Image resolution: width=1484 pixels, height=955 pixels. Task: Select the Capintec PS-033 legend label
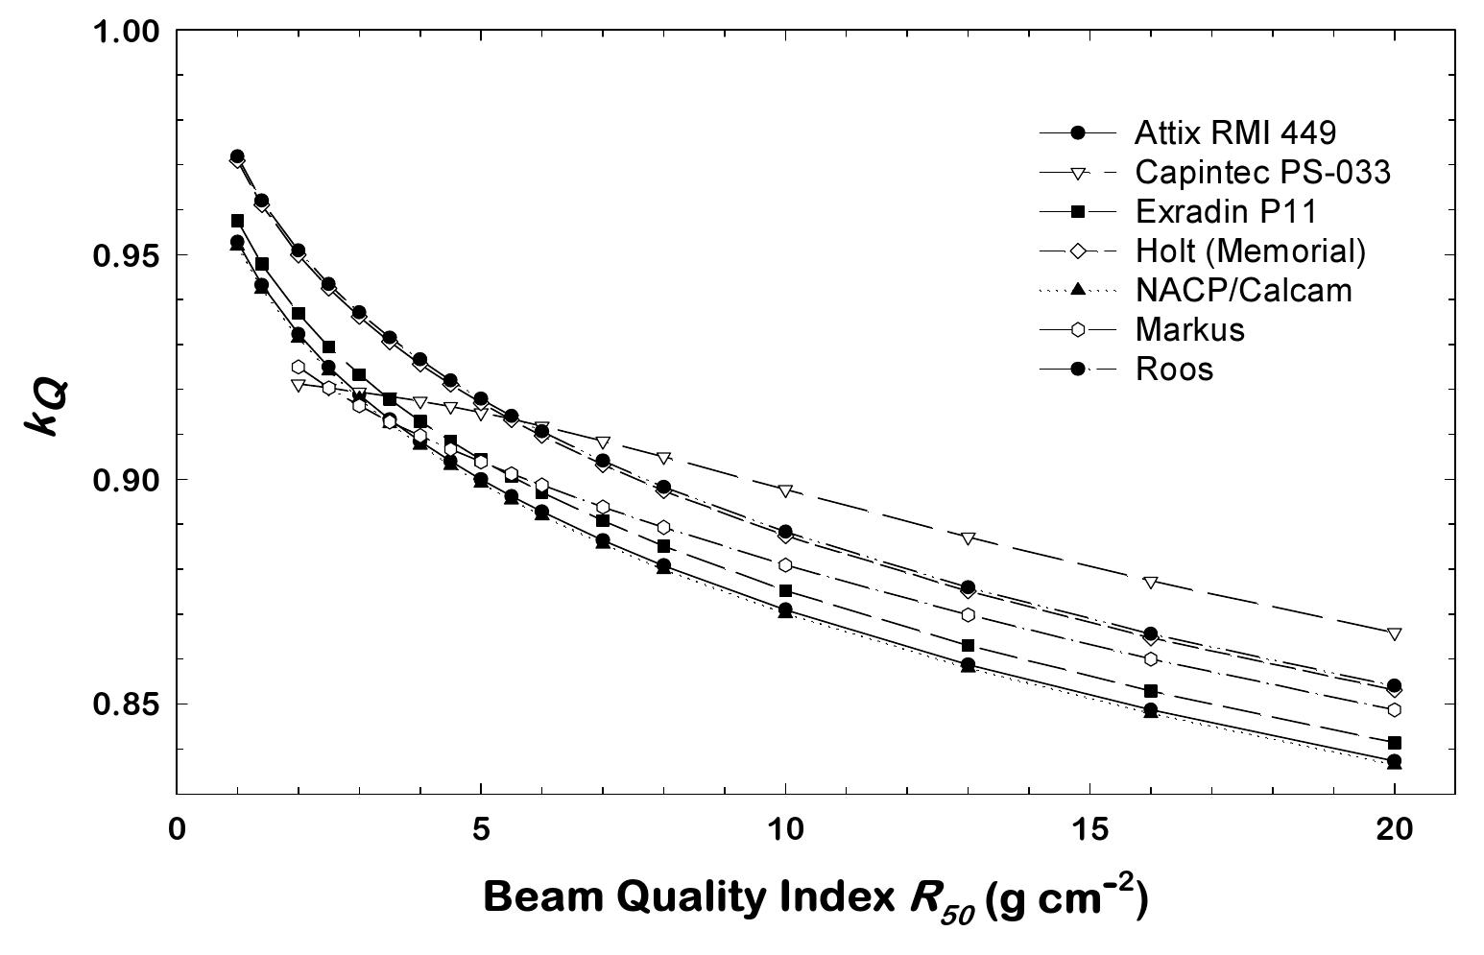[1261, 172]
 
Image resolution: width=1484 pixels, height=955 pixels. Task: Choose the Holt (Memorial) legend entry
[1249, 251]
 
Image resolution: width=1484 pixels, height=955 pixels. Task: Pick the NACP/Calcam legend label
[1243, 290]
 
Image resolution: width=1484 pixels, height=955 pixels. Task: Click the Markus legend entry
[1189, 329]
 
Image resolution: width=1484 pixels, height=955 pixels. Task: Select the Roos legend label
[1173, 369]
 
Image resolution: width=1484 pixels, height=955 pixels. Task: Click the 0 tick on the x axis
[177, 828]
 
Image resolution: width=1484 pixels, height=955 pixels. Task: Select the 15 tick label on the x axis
[1089, 828]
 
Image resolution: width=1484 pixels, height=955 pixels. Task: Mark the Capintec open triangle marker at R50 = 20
[1395, 633]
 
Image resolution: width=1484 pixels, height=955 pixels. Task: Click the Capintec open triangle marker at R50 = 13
[968, 537]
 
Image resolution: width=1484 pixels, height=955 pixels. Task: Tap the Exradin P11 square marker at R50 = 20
[1395, 743]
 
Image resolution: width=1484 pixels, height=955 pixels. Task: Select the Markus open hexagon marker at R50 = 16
[1150, 658]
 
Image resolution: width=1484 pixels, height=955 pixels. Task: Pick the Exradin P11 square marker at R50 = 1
[237, 221]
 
